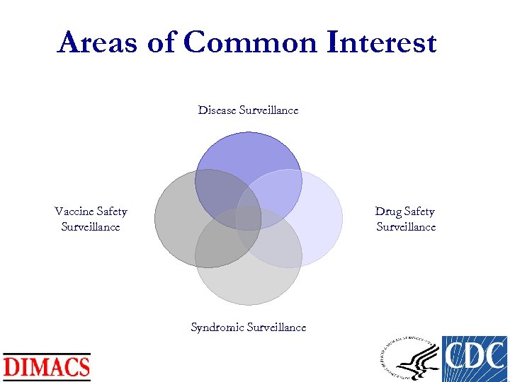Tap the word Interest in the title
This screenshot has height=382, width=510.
pos(382,43)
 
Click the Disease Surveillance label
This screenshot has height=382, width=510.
pos(248,110)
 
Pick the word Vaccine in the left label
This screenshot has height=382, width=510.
pos(74,212)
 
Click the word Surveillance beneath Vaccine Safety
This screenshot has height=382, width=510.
pos(91,227)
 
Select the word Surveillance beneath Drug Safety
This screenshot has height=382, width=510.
pos(406,227)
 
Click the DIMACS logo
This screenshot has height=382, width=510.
pos(47,366)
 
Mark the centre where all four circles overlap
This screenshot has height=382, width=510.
pos(249,219)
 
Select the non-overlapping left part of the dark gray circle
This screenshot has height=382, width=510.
pos(173,219)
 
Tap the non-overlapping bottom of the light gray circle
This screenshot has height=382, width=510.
pos(248,286)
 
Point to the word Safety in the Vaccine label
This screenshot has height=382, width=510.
pos(111,212)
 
